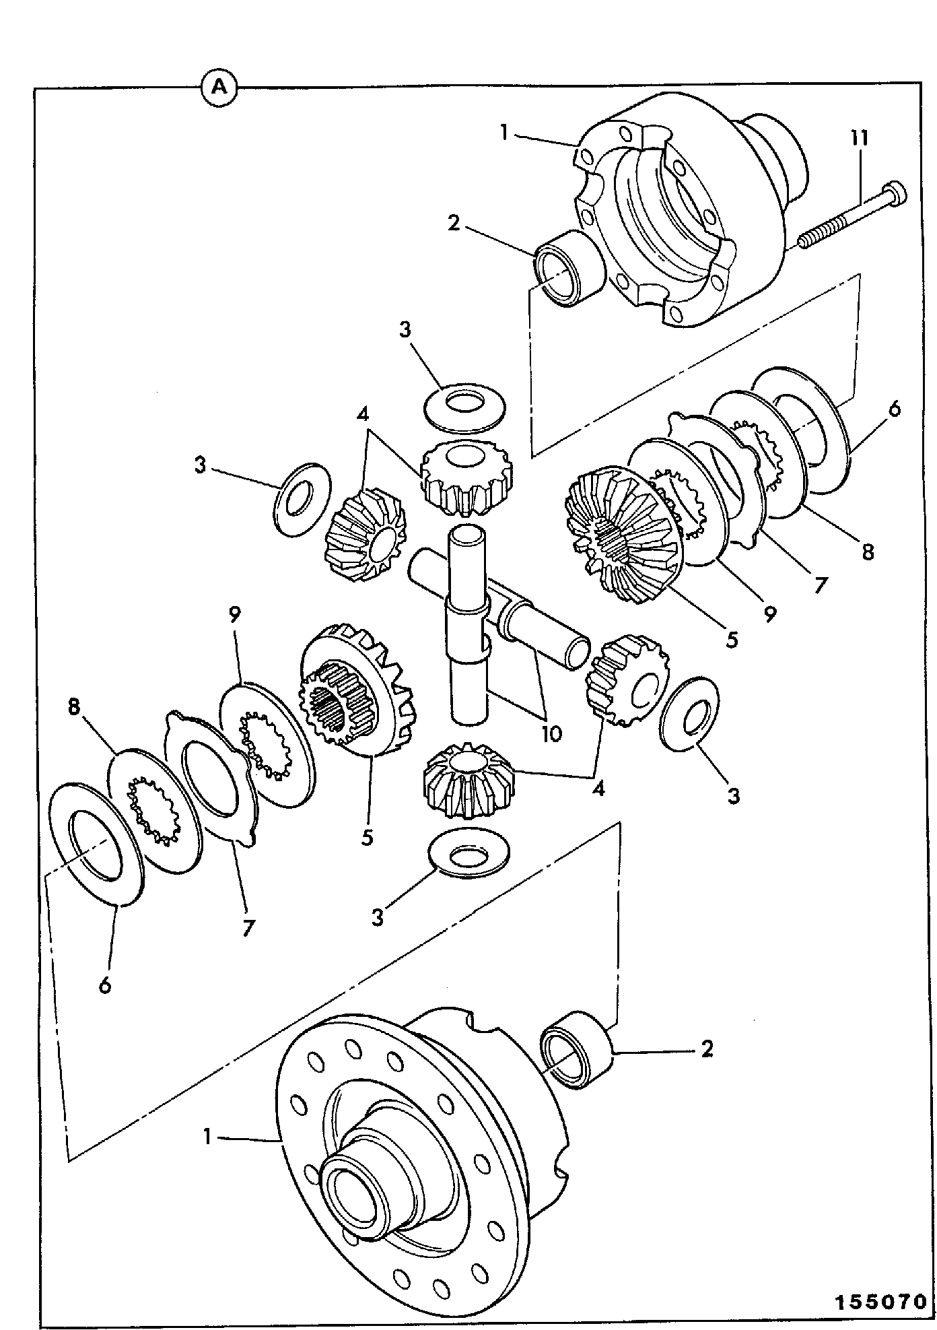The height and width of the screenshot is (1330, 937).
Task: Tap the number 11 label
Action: click(859, 139)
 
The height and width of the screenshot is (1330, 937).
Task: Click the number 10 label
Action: click(551, 733)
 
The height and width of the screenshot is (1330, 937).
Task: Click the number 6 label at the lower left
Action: click(105, 986)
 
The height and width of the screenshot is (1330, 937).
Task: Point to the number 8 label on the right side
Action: click(868, 552)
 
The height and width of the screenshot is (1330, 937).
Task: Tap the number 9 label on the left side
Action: click(235, 614)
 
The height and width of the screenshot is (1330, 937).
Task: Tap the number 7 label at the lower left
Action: click(248, 929)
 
